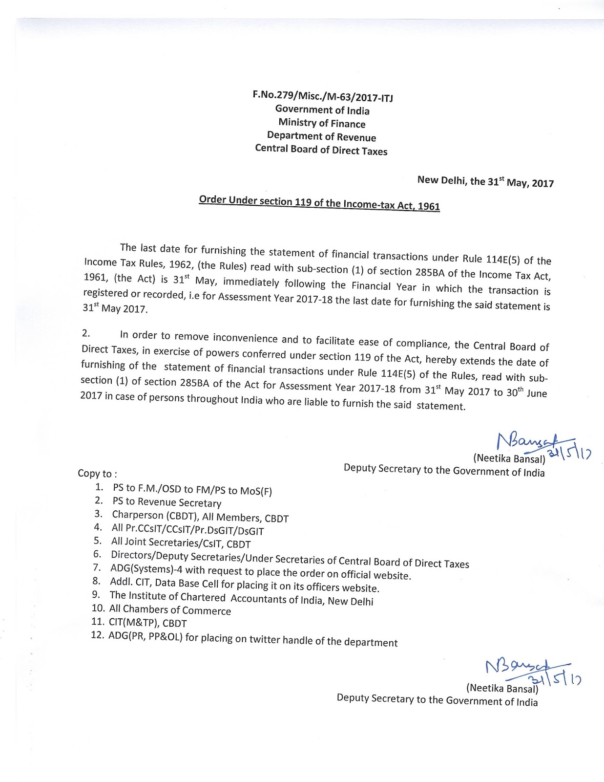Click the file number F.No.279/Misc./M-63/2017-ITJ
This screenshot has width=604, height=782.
pos(322,96)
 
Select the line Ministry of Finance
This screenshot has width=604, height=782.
pos(322,123)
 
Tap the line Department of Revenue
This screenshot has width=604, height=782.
pos(321,136)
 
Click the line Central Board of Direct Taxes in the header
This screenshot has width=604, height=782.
pos(321,150)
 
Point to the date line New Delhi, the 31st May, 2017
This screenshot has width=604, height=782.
pos(485,182)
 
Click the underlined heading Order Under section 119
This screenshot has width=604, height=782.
pos(319,203)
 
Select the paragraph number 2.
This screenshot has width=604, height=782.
pos(86,333)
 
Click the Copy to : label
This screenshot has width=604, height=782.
pos(97,473)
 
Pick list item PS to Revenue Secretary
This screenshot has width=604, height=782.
pos(167,502)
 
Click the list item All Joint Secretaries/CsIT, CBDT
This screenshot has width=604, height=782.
pos(181,543)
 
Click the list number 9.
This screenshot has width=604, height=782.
pos(96,595)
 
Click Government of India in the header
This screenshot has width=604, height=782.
pos(322,110)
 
